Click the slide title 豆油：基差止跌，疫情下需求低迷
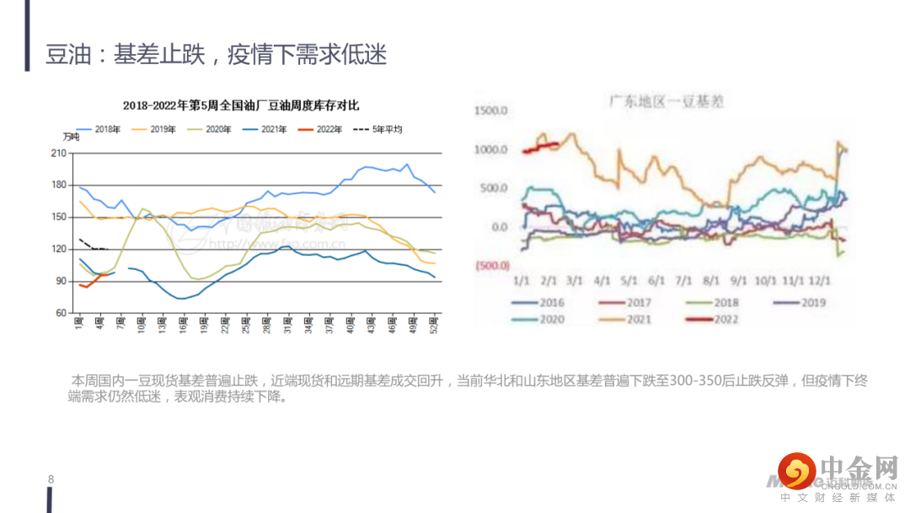pos(217,56)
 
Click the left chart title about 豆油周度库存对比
pos(241,105)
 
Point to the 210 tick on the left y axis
pos(59,153)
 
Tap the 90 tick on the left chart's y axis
pos(62,281)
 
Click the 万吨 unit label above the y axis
pos(71,138)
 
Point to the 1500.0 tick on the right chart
pos(491,111)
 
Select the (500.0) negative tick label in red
pos(491,266)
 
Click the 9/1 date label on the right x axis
pos(738,280)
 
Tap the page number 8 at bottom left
pos(51,480)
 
